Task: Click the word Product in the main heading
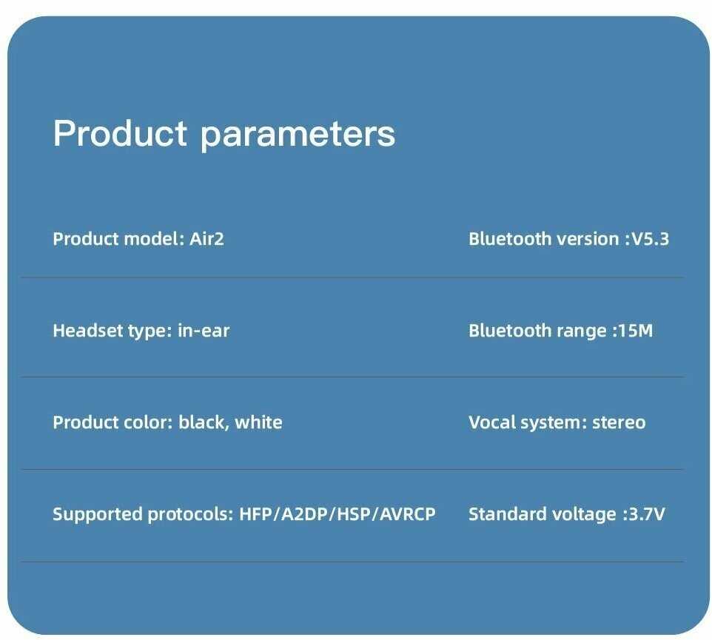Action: [120, 133]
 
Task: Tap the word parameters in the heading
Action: [298, 135]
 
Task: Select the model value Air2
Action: [206, 239]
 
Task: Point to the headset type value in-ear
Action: [204, 331]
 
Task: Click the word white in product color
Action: [258, 422]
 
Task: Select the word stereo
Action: [619, 422]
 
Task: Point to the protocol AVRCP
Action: [407, 513]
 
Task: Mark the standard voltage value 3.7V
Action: [647, 513]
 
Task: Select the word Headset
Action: [88, 331]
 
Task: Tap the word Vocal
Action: [491, 422]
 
